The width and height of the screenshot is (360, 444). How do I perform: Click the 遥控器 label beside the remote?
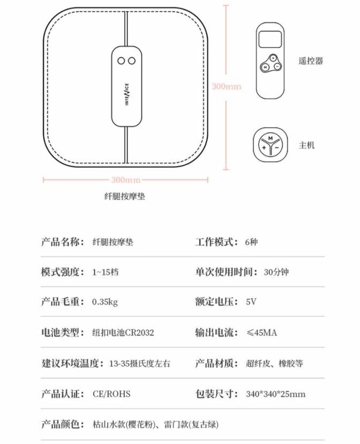point(311,61)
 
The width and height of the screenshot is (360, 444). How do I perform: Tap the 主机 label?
point(307,145)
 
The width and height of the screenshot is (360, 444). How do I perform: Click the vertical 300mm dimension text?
point(226,86)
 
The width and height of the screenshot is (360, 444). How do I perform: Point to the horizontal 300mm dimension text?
point(126,179)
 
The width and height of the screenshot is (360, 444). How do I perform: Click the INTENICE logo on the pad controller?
point(127,94)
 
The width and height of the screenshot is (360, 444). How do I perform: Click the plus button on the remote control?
point(273,58)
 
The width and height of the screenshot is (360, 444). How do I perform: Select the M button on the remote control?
point(264,67)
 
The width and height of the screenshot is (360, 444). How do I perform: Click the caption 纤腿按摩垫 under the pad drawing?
point(124,196)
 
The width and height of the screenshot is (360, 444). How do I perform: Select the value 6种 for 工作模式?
point(251,242)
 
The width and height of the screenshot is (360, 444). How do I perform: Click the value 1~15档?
point(105,272)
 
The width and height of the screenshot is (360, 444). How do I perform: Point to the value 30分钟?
point(276,272)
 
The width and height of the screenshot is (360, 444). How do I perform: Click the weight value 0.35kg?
point(105,302)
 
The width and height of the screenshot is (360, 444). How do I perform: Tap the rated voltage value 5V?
point(251,302)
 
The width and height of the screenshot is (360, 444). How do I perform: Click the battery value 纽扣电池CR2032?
point(123,332)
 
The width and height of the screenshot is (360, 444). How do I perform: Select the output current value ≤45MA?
point(261,332)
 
